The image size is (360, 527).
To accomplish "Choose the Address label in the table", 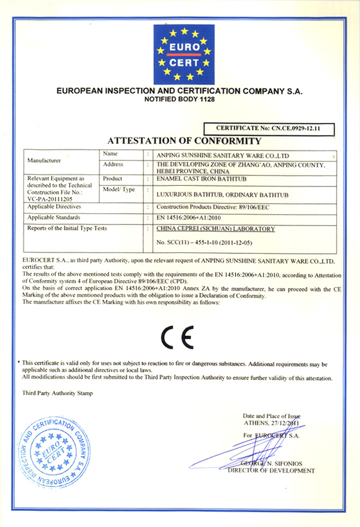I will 113,165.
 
